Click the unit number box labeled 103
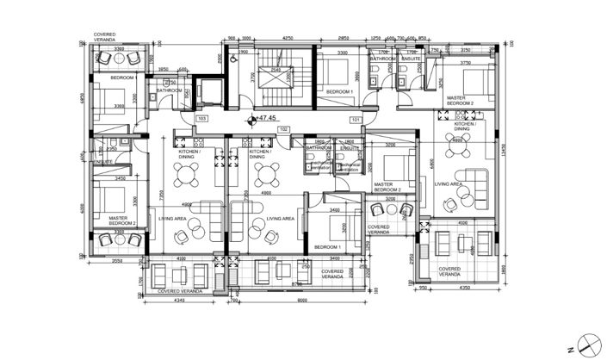tap(202, 119)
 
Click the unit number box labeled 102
tap(282, 129)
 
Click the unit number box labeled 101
tap(355, 119)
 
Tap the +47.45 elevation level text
tap(267, 118)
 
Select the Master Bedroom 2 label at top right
tap(461, 101)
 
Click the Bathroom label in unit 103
tap(168, 90)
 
